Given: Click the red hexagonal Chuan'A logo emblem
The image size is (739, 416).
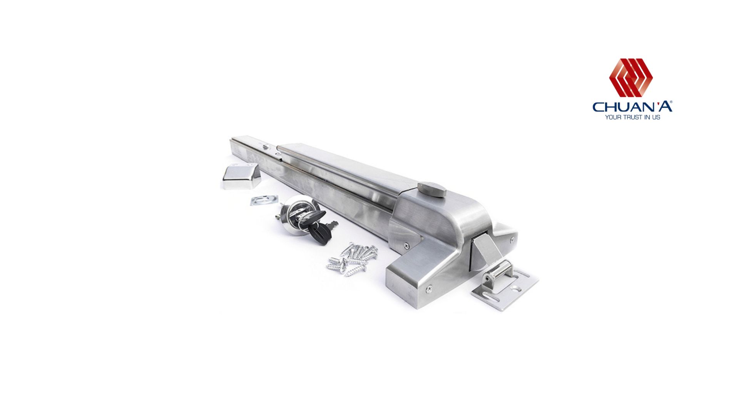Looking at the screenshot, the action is [631, 77].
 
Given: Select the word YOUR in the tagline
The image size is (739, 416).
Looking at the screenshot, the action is [612, 117].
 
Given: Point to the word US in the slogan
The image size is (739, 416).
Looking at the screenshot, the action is [656, 117].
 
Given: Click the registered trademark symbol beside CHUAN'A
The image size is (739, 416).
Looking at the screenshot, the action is [671, 102].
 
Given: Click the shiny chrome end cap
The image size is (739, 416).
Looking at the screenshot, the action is [241, 176].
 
